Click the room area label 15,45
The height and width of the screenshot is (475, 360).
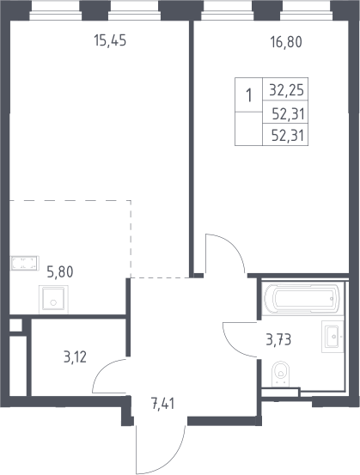tap(110, 40)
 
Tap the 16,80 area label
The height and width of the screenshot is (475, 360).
tap(286, 42)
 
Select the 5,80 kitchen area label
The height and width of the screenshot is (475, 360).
tap(60, 271)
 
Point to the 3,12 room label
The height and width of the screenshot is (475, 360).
tap(75, 357)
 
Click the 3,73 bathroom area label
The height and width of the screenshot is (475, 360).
tap(278, 340)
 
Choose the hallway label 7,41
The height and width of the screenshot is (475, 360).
tap(162, 404)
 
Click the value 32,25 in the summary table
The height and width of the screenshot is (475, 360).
tap(286, 90)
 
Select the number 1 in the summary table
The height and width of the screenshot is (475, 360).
tap(249, 95)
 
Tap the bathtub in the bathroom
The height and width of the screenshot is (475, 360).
tap(301, 298)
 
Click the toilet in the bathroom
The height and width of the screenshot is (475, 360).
tap(281, 373)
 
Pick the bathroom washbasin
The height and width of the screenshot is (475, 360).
tap(333, 337)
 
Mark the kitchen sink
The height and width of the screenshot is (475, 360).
tap(53, 300)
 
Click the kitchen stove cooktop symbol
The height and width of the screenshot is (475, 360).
tap(25, 263)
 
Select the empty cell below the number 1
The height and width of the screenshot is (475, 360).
tap(248, 129)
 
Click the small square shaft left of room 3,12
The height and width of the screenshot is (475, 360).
tap(15, 325)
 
